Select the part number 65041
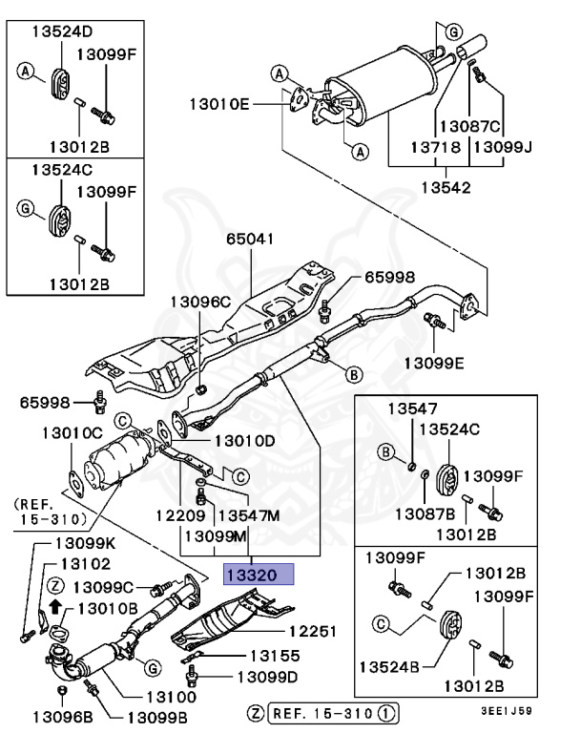click(250, 239)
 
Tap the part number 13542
click(446, 187)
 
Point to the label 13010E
click(219, 104)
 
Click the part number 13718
click(436, 147)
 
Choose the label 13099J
click(503, 147)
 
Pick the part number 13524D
click(62, 31)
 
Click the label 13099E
click(434, 363)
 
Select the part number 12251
click(312, 631)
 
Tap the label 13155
click(275, 656)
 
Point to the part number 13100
click(172, 697)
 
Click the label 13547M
click(249, 515)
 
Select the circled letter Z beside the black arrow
click(55, 585)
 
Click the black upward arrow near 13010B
click(55, 606)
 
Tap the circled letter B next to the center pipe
click(354, 374)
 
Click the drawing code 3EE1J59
click(507, 711)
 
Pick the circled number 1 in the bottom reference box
click(385, 713)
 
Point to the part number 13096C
click(200, 302)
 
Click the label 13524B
click(389, 666)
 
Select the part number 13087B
click(425, 514)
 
